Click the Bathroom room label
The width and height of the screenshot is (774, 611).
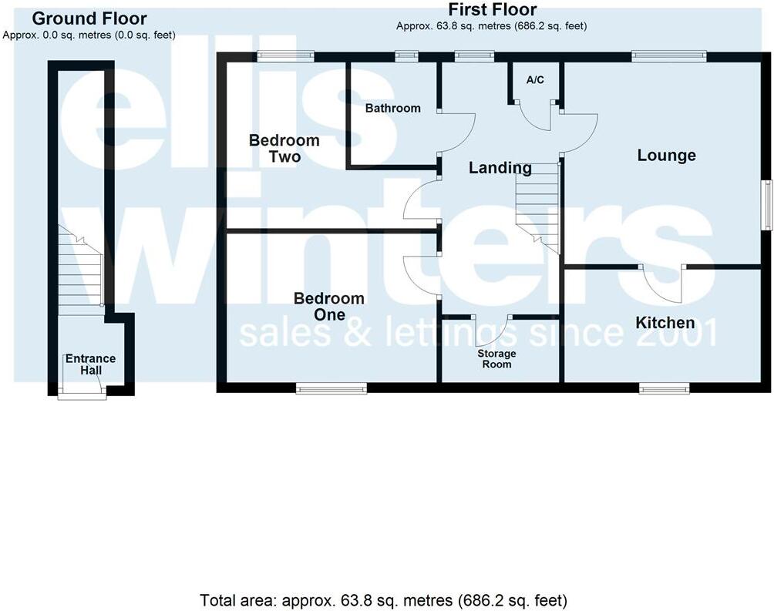393,108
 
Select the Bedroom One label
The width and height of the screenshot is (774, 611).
328,307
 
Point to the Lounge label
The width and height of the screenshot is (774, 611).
666,156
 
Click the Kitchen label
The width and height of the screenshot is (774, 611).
665,323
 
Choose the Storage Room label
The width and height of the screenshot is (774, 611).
496,359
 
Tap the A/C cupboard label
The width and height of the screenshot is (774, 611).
535,80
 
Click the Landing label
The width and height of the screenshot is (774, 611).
500,168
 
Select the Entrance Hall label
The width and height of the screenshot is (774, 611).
90,364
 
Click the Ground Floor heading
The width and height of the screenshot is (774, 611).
89,18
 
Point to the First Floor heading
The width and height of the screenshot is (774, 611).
492,9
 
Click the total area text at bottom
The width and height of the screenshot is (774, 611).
383,599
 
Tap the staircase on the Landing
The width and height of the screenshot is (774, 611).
537,204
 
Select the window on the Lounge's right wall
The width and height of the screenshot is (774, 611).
767,204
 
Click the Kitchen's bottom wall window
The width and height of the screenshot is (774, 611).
664,390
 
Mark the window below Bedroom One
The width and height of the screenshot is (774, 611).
331,390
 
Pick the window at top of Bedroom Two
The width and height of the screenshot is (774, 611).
285,55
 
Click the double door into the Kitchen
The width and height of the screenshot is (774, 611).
663,281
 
